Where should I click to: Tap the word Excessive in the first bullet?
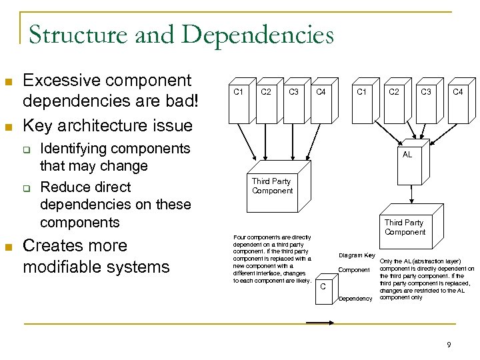click(59, 81)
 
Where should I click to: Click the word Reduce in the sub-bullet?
click(65, 187)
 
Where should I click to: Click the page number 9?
click(449, 345)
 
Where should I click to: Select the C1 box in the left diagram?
click(237, 104)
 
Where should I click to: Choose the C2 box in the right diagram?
click(394, 104)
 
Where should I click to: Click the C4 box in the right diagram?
click(458, 104)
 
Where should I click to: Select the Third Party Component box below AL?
click(405, 227)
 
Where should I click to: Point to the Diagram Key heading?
click(357, 255)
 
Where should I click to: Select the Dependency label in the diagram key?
click(355, 298)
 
